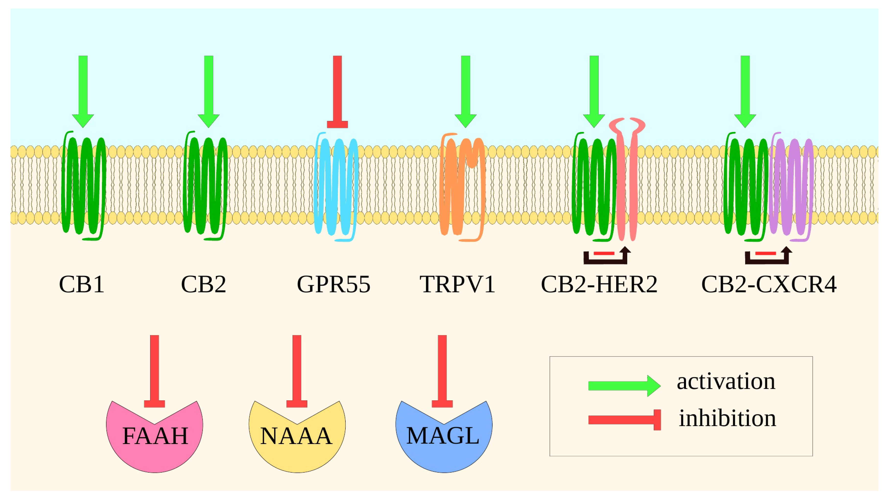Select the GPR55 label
pyautogui.click(x=333, y=285)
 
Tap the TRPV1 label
pyautogui.click(x=457, y=285)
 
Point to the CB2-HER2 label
pyautogui.click(x=599, y=285)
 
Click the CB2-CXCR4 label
pyautogui.click(x=768, y=285)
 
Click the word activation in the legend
pyautogui.click(x=726, y=382)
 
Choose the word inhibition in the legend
pyautogui.click(x=727, y=419)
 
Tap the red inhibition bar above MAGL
pyautogui.click(x=442, y=370)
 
